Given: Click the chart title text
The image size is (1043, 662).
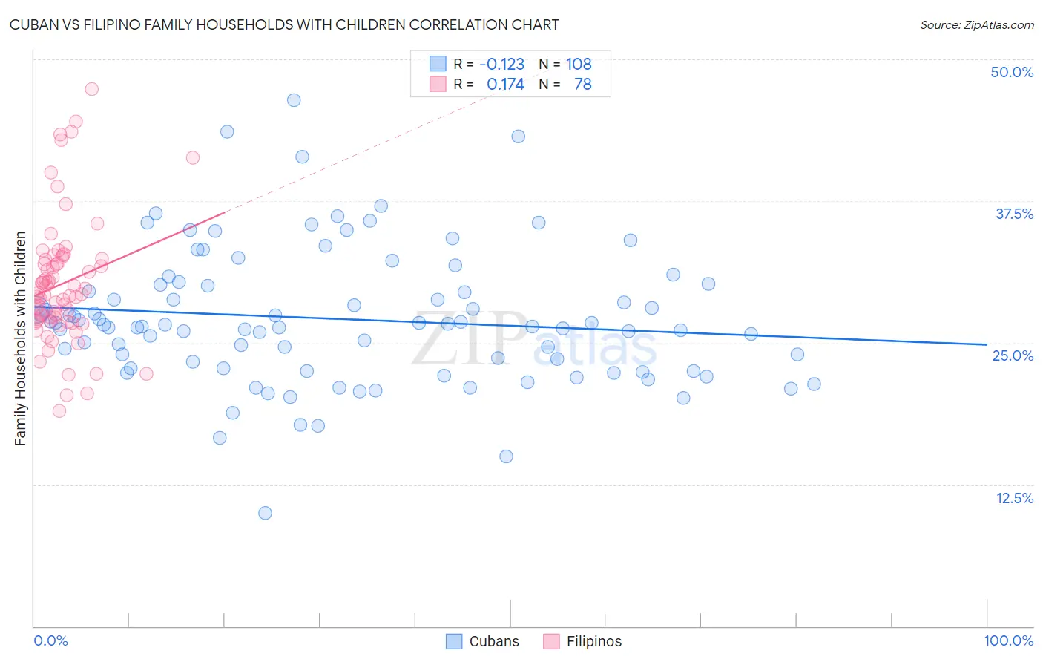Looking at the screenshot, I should [x=285, y=24].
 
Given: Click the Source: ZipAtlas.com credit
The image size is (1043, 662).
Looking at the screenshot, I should [x=976, y=24].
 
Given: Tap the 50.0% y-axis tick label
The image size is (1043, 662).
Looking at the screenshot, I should [x=1011, y=72].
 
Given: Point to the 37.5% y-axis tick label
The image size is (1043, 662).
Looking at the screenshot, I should [x=1013, y=214].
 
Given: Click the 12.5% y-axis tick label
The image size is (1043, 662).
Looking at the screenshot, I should [x=1013, y=498].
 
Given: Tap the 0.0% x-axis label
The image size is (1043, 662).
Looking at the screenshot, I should [x=50, y=640].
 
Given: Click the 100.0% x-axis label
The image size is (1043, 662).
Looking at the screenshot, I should [x=1008, y=640].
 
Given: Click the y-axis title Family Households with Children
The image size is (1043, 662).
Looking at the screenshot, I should [x=21, y=338].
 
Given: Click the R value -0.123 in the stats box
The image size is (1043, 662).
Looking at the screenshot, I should [x=501, y=65].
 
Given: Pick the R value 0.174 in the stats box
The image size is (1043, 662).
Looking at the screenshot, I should [x=504, y=85].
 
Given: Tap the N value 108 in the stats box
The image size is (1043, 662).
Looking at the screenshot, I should [x=579, y=65].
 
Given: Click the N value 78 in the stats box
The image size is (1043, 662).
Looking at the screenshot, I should [x=582, y=85].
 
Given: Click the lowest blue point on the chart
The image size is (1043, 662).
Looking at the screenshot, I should [x=265, y=513].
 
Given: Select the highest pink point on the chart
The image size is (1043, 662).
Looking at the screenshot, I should [x=92, y=89].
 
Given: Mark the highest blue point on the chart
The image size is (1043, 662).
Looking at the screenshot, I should [x=294, y=100].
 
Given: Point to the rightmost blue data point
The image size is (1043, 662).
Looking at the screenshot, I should [x=814, y=384].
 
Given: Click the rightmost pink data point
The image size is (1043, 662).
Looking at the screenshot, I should [x=193, y=157].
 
